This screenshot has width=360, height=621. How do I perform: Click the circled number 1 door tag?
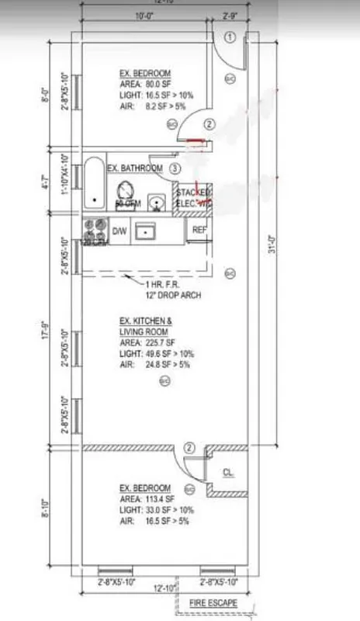coord(230,37)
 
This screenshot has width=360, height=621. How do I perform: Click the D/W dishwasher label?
coord(119,231)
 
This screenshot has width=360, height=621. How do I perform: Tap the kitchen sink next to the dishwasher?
coord(145,231)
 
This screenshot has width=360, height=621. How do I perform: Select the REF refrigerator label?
coord(199,230)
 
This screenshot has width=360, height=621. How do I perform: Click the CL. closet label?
coord(228,472)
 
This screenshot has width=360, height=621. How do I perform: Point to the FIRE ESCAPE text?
coord(214,602)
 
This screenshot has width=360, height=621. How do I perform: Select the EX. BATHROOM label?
coord(135,168)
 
